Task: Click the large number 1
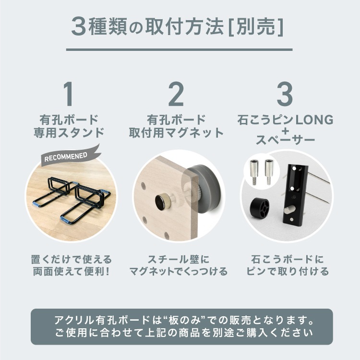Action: coord(69,95)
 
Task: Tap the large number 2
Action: coord(177,95)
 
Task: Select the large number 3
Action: coord(285,95)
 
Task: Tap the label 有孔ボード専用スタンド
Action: coord(69,126)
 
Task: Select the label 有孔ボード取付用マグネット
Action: coord(177,126)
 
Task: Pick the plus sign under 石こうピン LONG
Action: coord(285,130)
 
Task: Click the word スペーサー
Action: coord(285,141)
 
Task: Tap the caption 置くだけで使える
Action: coord(69,260)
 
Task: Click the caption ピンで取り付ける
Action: coord(285,272)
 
